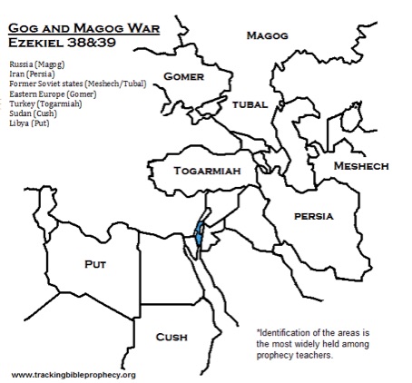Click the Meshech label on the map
click(x=360, y=166)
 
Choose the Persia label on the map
click(x=313, y=216)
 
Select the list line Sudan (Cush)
click(x=33, y=113)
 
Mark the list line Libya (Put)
click(x=31, y=122)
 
